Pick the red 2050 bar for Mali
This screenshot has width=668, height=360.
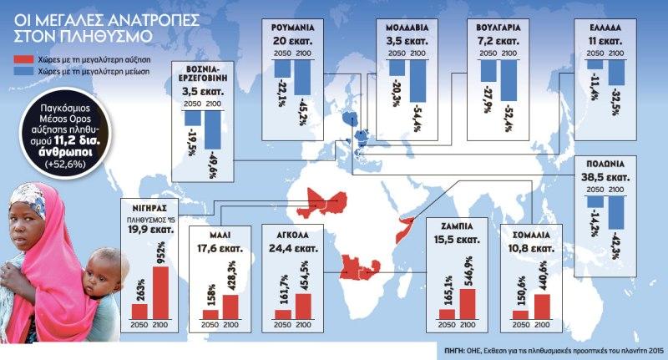[210, 314]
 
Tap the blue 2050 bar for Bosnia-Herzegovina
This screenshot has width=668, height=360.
[191, 119]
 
